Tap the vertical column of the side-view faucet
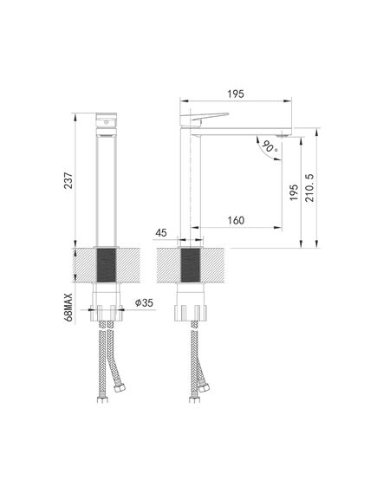(x=191, y=191)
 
